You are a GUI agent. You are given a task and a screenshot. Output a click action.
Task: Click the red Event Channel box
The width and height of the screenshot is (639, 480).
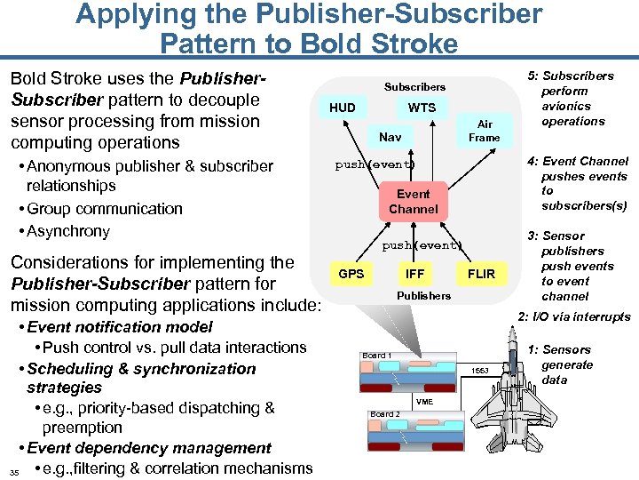(x=413, y=201)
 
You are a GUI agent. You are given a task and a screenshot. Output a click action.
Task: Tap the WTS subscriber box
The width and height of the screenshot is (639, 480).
(x=422, y=108)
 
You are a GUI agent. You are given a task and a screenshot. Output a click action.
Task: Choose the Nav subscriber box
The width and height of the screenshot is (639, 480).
(x=390, y=137)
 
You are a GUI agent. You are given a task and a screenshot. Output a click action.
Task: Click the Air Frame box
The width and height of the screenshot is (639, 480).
(x=484, y=131)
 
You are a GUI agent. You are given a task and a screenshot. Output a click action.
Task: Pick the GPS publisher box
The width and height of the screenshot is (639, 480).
(x=351, y=274)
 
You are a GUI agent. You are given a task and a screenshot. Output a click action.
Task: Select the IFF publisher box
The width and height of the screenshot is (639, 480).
(x=414, y=274)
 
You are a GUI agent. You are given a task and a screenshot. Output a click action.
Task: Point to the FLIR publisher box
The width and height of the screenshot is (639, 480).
(x=481, y=274)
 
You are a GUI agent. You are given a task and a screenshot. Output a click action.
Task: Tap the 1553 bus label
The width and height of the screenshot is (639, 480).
(x=479, y=369)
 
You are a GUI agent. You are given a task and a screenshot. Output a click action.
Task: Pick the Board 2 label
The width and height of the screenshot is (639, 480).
(x=384, y=414)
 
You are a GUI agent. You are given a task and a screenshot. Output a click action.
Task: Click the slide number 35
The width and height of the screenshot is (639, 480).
(x=13, y=471)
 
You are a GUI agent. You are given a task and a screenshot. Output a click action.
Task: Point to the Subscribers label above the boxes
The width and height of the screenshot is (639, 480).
(x=414, y=87)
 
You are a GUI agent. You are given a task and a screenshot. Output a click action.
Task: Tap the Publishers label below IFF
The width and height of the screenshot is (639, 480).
(x=423, y=295)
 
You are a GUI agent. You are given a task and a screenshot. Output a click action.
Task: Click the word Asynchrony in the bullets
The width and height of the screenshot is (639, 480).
(x=67, y=231)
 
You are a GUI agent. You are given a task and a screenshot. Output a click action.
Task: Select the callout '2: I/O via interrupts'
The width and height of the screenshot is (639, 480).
(x=573, y=317)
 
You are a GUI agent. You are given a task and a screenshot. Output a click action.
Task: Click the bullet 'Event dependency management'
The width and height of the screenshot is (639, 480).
(x=149, y=448)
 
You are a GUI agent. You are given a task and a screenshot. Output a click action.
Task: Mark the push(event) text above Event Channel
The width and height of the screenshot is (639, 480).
(x=375, y=165)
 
